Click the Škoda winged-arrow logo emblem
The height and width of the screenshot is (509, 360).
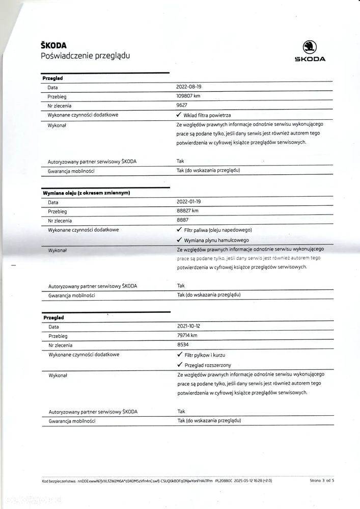pyautogui.click(x=310, y=47)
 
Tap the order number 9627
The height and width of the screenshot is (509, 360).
pyautogui.click(x=182, y=105)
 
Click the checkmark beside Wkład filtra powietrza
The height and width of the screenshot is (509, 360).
pyautogui.click(x=179, y=115)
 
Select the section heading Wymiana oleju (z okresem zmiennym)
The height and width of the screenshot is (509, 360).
pyautogui.click(x=86, y=193)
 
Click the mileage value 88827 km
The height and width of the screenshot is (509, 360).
pyautogui.click(x=188, y=211)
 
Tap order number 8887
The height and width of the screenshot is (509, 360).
pyautogui.click(x=182, y=221)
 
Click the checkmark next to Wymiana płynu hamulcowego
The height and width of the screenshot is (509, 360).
pyautogui.click(x=179, y=239)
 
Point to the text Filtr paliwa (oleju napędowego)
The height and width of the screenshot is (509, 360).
pyautogui.click(x=218, y=230)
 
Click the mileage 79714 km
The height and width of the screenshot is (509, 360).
pyautogui.click(x=187, y=335)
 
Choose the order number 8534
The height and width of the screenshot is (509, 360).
pyautogui.click(x=182, y=345)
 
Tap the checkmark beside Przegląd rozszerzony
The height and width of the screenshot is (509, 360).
pyautogui.click(x=179, y=365)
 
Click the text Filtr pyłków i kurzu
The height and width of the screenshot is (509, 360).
pyautogui.click(x=205, y=355)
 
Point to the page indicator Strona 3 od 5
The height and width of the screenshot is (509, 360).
pyautogui.click(x=322, y=480)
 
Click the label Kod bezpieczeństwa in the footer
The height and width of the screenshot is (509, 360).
pyautogui.click(x=58, y=480)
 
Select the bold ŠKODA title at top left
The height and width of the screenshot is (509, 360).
pyautogui.click(x=53, y=45)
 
